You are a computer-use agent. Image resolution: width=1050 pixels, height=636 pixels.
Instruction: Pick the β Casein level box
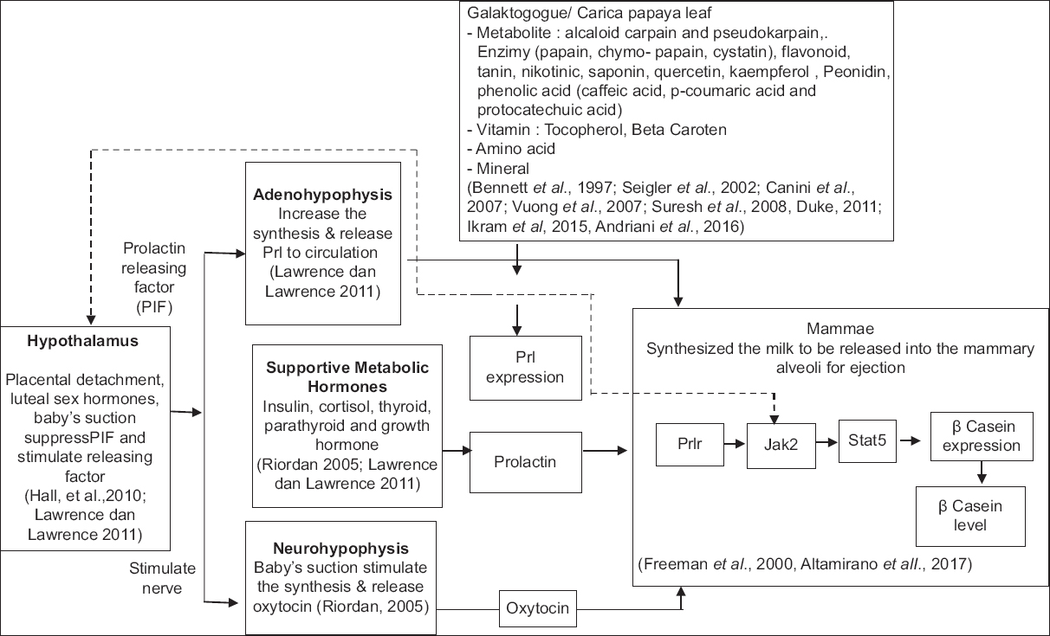(x=970, y=514)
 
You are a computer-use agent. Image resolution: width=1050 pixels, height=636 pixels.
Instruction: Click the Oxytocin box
(x=537, y=608)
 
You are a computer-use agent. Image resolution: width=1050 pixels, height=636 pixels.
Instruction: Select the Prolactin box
(x=525, y=460)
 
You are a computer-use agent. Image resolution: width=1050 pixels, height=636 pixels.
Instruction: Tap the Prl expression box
(x=525, y=367)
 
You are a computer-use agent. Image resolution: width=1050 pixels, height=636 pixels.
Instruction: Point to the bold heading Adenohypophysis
(x=323, y=195)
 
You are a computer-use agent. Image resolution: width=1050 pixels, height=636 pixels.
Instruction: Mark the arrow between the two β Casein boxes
(x=982, y=471)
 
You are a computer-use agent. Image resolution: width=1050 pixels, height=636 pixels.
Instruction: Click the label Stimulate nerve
(x=161, y=579)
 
